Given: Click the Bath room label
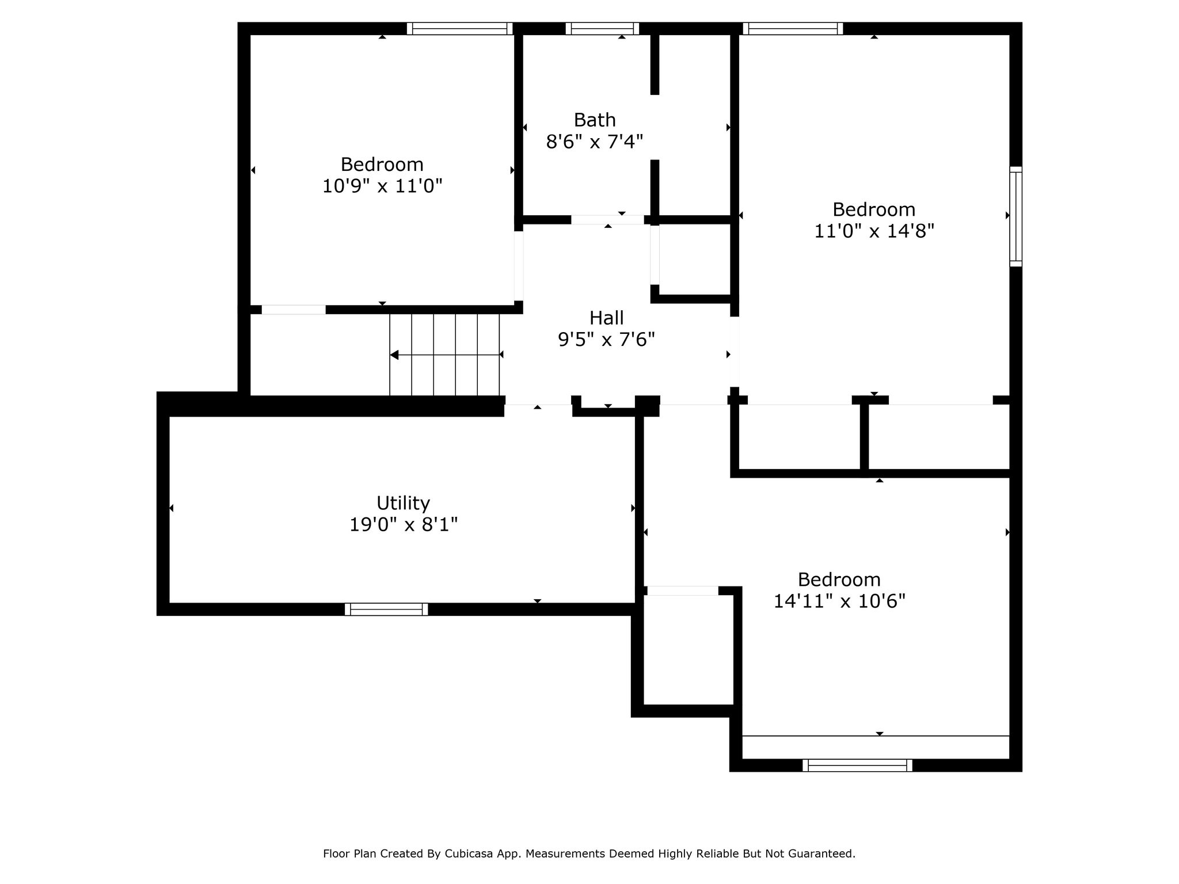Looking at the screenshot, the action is tap(595, 120).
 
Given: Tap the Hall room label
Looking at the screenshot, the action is tap(606, 318).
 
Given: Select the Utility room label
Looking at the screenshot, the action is tap(403, 504).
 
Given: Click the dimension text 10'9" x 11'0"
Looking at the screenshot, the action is tap(382, 186).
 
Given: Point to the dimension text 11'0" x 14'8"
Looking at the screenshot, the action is tap(874, 231).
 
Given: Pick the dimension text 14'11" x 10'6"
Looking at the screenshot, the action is tap(839, 601).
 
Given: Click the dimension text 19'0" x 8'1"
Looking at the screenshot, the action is tap(403, 525).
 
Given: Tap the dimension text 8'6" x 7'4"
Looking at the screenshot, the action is tap(595, 142).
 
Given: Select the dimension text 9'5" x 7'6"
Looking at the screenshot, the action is tap(606, 340).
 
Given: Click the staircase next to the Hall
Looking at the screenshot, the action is tap(444, 355).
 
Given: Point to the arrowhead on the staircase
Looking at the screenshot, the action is tap(394, 355).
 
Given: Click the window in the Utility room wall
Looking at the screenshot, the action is tap(386, 609).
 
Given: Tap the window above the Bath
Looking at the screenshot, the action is tap(602, 29).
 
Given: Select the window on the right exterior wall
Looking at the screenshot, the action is tap(1016, 216).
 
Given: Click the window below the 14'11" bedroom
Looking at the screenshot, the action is tap(858, 765).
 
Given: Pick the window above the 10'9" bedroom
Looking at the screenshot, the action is tap(459, 29).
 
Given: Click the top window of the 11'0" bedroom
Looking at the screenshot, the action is tap(793, 29).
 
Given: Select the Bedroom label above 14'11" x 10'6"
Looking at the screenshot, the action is tap(839, 580).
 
